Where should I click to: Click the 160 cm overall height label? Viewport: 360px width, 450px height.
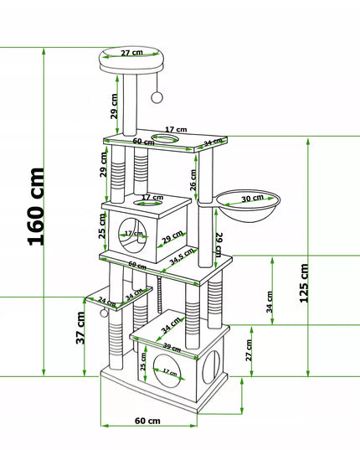36,207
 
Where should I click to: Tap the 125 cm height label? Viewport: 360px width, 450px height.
304,283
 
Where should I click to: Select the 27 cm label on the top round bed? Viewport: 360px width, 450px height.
131,53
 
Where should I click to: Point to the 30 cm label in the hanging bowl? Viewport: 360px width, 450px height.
252,199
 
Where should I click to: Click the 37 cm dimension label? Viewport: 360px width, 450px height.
80,328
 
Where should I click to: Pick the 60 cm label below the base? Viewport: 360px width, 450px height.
147,421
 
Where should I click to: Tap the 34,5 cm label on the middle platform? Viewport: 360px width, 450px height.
182,256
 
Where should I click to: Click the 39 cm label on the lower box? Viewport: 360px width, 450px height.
172,347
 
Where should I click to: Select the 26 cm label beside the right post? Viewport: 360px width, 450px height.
193,180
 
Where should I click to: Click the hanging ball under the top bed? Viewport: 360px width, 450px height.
157,97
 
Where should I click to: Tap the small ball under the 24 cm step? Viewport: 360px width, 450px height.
104,313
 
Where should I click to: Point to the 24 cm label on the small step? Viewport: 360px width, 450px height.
106,302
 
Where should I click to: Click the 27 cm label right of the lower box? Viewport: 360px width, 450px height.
249,350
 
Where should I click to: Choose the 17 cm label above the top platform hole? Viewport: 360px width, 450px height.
176,130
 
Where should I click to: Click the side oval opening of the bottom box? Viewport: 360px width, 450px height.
211,367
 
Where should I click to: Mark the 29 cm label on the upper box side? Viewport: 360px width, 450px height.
172,237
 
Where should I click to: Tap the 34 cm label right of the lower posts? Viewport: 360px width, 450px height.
269,302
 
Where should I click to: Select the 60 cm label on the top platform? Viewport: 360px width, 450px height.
143,142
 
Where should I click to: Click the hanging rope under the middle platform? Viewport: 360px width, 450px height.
160,294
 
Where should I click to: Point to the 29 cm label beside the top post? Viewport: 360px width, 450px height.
114,106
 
